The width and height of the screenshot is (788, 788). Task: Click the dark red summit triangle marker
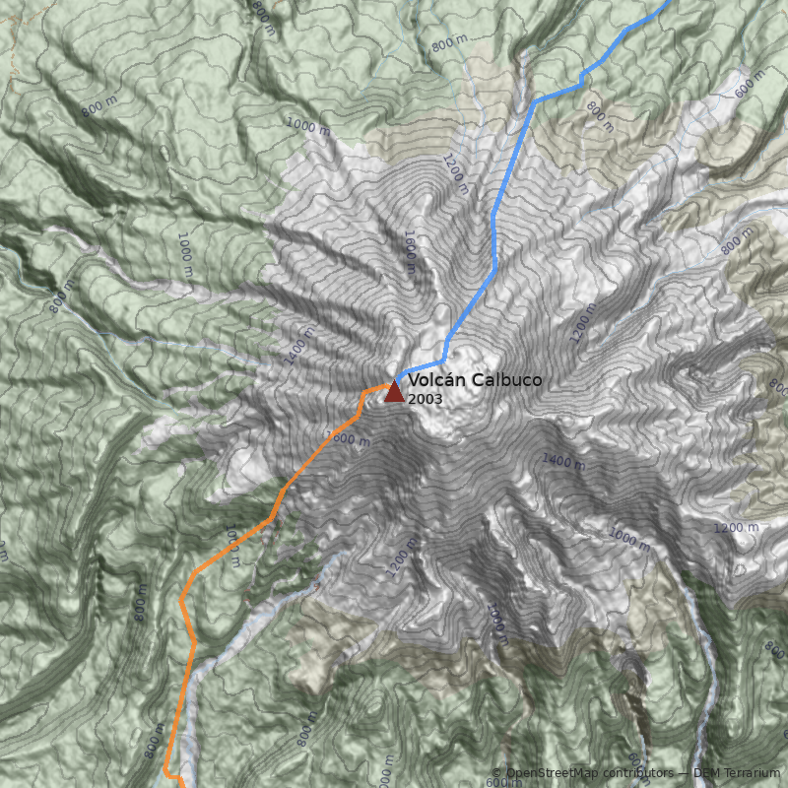coord(394,392)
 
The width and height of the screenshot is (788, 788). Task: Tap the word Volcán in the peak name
coord(436,380)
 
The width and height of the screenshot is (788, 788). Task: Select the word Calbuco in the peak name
coord(505,380)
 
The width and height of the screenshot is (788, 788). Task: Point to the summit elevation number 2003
coord(425,399)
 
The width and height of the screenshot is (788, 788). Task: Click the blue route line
coord(492,227)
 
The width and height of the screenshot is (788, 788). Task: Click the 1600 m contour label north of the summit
coord(410,252)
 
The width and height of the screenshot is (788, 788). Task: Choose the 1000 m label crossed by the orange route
coord(233,548)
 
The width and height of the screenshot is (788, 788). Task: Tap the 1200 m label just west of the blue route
coord(454,170)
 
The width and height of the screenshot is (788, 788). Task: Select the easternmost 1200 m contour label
coord(736,528)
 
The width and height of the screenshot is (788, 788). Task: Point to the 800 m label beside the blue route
coord(599,115)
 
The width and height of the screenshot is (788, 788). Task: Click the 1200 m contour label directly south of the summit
coord(396,561)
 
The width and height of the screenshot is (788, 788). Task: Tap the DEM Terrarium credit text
coord(737,773)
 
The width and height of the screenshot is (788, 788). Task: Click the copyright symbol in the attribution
coord(496,773)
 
